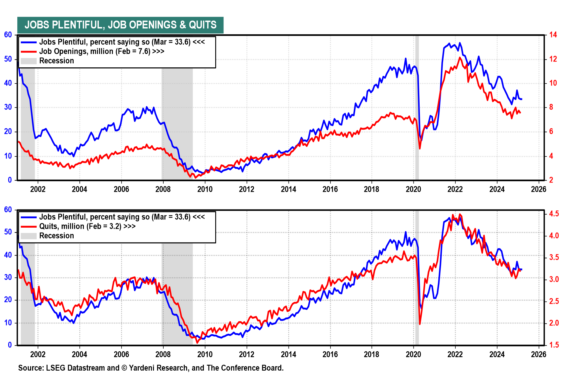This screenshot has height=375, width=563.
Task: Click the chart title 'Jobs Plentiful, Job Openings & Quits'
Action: (120, 25)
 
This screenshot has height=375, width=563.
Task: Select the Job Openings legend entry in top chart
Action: (101, 52)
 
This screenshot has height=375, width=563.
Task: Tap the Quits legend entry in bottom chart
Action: (87, 226)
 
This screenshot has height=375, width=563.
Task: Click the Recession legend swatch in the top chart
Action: (28, 61)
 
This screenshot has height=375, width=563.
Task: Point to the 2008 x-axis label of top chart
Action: (163, 189)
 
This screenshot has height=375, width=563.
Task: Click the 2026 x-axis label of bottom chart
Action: (539, 354)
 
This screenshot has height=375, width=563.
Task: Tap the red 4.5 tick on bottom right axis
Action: (554, 214)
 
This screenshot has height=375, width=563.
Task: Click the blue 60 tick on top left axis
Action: (8, 35)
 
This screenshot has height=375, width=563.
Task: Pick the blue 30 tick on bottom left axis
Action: (8, 277)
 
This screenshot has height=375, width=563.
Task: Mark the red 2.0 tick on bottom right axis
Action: (554, 323)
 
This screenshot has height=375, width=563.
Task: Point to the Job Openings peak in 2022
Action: (459, 57)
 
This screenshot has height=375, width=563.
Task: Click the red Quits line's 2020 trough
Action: (420, 324)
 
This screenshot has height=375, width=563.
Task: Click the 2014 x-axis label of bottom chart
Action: (289, 354)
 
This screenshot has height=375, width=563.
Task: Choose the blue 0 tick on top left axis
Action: (10, 180)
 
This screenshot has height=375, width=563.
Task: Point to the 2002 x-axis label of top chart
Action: (38, 189)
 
